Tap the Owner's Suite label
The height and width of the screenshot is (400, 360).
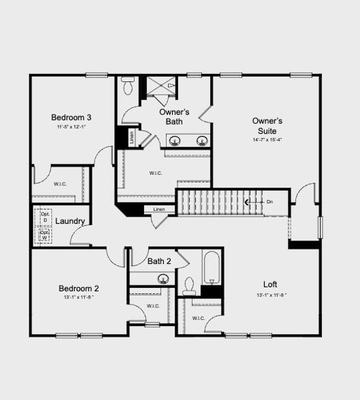pos(267,121)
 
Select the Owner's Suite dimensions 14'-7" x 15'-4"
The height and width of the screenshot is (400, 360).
pos(267,140)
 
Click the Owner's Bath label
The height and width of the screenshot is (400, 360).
pos(174,117)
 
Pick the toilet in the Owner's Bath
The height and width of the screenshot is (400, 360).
pos(128,85)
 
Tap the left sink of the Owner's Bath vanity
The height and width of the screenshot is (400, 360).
pos(175,141)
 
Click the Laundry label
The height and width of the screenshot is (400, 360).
pos(69,221)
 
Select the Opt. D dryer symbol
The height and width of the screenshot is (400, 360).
pos(45,217)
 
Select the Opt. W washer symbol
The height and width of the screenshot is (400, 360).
pos(45,235)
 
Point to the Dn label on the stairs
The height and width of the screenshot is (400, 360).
pos(269,201)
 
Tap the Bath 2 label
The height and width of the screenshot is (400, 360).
pos(159,261)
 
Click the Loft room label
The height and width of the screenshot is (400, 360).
pos(271,284)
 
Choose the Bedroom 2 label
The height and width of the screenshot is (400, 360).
pos(79,288)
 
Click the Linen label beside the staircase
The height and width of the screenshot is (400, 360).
pos(159,210)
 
